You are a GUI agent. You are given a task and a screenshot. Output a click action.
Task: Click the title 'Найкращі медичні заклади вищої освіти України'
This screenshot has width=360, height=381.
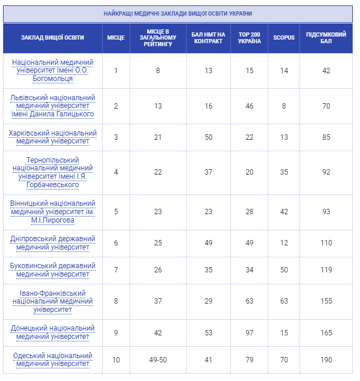click(178, 13)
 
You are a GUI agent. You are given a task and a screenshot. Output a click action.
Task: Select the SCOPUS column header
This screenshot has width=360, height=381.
click(284, 38)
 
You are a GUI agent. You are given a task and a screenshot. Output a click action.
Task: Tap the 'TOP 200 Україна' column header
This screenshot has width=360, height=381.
click(249, 38)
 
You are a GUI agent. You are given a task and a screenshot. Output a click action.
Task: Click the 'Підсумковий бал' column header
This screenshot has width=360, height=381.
click(326, 38)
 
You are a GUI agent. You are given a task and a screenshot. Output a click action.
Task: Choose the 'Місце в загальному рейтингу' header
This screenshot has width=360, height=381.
click(158, 38)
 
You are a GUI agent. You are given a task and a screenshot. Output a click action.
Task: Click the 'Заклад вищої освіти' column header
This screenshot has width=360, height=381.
click(53, 38)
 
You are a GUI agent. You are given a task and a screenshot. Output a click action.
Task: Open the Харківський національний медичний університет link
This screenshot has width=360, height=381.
click(53, 137)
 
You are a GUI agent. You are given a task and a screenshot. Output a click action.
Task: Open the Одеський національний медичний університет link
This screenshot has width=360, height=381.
click(53, 359)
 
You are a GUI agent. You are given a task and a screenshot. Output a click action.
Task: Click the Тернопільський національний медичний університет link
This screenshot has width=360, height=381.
click(53, 172)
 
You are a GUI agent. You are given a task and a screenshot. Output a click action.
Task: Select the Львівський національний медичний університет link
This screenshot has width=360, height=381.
click(53, 106)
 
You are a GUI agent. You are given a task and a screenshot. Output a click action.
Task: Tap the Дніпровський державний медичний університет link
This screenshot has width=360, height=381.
click(53, 243)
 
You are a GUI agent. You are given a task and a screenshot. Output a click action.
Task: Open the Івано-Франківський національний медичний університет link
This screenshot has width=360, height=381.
click(53, 301)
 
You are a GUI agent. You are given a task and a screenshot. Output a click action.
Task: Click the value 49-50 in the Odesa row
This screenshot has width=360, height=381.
click(158, 360)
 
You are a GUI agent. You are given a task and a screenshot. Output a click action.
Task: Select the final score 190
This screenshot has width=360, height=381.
click(326, 360)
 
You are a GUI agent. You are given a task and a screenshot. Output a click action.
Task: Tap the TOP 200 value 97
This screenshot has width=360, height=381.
click(249, 333)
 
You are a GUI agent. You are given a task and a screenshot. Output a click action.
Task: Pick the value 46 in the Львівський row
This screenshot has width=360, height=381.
click(249, 106)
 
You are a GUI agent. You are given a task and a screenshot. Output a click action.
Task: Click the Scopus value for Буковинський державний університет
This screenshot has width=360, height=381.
click(284, 271)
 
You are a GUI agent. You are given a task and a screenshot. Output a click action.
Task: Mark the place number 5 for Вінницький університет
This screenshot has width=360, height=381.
click(116, 212)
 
